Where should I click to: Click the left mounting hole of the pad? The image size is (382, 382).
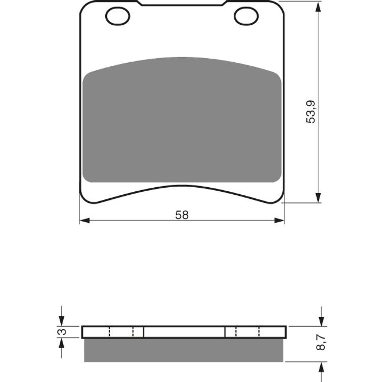(117, 16)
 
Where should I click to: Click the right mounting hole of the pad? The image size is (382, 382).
(246, 16)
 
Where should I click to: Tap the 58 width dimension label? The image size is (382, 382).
(182, 215)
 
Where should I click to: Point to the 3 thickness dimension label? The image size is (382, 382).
(62, 332)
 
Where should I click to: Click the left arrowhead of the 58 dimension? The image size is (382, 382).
(84, 221)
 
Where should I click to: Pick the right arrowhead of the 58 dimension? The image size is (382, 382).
(279, 221)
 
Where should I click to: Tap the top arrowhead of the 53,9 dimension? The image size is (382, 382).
(318, 7)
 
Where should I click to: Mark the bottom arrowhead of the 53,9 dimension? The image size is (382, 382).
(318, 197)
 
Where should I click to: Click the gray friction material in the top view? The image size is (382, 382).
(181, 121)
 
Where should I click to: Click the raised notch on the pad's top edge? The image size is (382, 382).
(182, 4)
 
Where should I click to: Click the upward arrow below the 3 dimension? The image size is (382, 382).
(62, 344)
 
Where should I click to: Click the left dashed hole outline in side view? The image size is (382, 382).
(121, 332)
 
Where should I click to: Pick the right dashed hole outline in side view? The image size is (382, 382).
(246, 332)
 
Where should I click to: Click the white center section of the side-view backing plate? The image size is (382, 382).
(184, 332)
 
